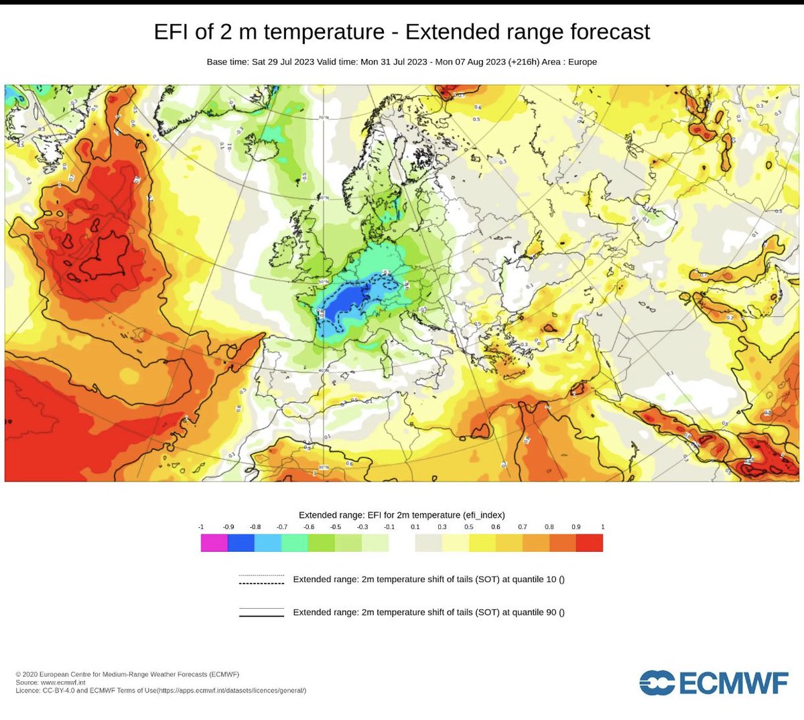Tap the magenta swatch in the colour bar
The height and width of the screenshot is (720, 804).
[x=214, y=543]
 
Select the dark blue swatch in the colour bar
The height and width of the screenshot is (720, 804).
[x=241, y=543]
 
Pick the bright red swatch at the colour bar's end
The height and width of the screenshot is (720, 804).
[x=590, y=543]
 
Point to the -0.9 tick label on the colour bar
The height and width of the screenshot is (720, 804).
[x=228, y=527]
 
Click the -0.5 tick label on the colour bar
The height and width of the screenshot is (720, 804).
[x=335, y=527]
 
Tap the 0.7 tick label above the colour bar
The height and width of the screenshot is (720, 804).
[x=522, y=527]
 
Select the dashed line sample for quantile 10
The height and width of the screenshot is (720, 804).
[x=261, y=580]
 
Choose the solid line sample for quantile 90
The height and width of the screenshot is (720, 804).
[x=261, y=612]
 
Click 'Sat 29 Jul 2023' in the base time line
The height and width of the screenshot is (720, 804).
[x=283, y=62]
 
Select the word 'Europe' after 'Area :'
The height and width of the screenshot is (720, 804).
[x=582, y=62]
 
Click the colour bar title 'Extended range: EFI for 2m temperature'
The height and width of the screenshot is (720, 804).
[x=379, y=515]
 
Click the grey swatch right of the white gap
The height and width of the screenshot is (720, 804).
[x=429, y=543]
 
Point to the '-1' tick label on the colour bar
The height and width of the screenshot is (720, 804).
[x=201, y=527]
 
